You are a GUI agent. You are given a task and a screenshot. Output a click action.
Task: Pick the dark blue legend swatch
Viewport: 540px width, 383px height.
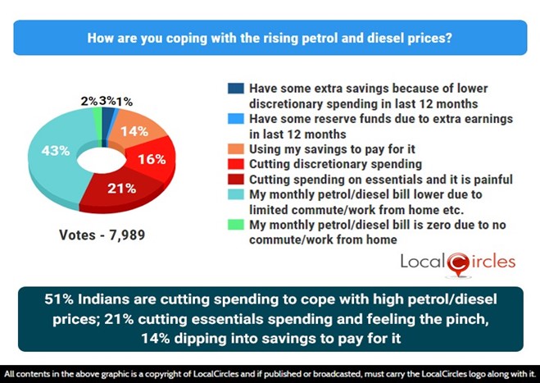235,89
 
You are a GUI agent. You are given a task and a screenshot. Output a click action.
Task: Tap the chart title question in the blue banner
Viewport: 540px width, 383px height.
270,38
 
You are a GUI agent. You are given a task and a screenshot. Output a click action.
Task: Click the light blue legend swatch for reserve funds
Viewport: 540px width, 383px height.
235,119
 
